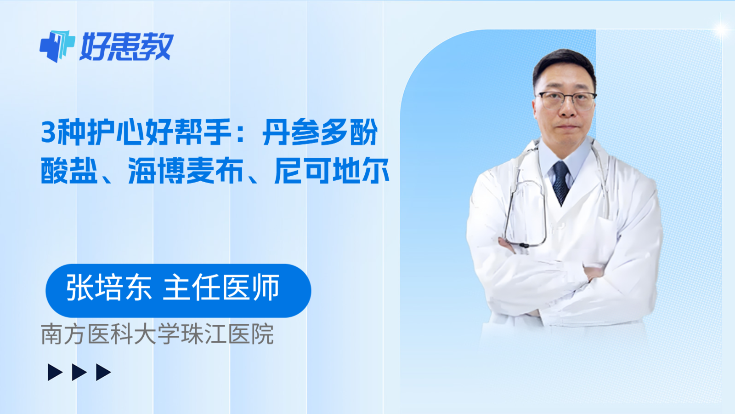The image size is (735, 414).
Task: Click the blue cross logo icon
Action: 57,46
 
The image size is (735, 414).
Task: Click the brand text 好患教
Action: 127,47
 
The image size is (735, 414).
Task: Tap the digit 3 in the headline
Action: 48,132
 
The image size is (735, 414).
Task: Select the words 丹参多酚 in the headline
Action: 320,132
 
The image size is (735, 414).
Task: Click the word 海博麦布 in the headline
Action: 186,171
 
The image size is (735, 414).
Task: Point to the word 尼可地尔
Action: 332,171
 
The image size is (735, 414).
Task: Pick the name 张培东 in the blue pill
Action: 109,288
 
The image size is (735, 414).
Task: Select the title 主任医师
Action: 221,288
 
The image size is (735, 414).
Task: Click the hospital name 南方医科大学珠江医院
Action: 158,334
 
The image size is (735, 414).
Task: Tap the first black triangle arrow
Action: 55,372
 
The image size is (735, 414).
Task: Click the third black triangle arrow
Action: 103,372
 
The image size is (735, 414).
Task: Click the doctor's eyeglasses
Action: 566,99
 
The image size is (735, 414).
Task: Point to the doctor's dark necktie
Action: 561,182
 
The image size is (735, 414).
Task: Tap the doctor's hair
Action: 564,64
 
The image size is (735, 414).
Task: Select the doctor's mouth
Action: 566,127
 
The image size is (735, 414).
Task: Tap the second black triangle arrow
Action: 79,372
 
